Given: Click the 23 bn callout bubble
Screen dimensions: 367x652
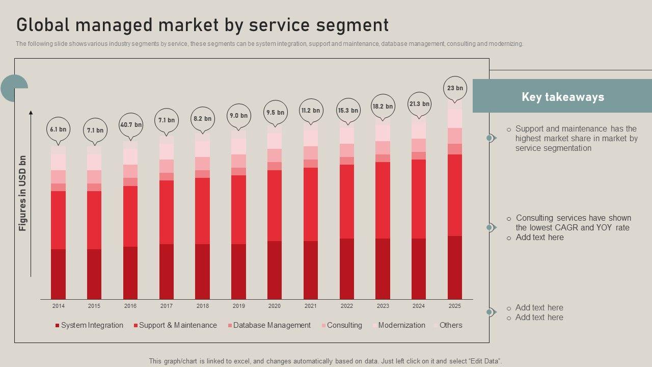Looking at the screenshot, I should (x=455, y=88).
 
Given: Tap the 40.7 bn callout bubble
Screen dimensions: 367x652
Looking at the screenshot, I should (x=131, y=125).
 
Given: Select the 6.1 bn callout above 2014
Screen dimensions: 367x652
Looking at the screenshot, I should (x=58, y=129).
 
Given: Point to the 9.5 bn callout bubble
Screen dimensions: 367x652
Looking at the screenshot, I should (x=275, y=113).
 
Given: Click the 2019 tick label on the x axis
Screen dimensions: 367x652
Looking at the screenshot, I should (x=238, y=306).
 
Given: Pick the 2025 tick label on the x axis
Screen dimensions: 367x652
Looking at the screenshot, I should (x=454, y=306).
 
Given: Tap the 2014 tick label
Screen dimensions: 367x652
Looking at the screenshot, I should (x=58, y=306).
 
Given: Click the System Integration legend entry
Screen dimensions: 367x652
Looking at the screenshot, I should (x=92, y=325).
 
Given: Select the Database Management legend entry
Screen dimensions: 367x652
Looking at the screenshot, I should (x=271, y=325).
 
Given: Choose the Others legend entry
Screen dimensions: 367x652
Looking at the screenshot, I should (x=450, y=325).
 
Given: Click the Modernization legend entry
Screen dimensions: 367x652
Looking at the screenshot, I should (x=401, y=325).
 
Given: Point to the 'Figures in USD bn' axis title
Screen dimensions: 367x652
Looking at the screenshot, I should (x=22, y=193).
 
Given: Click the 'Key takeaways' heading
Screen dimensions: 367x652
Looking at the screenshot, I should (x=562, y=97).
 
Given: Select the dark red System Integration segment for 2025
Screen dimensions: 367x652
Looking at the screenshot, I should (x=455, y=267).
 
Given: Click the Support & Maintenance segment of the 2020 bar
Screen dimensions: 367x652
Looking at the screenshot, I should (x=275, y=205).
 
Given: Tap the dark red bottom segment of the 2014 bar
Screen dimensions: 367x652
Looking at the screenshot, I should (x=58, y=274).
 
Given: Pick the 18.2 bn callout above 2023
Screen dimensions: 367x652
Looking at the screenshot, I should (x=383, y=107).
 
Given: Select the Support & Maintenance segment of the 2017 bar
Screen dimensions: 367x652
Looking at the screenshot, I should (x=167, y=212).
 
